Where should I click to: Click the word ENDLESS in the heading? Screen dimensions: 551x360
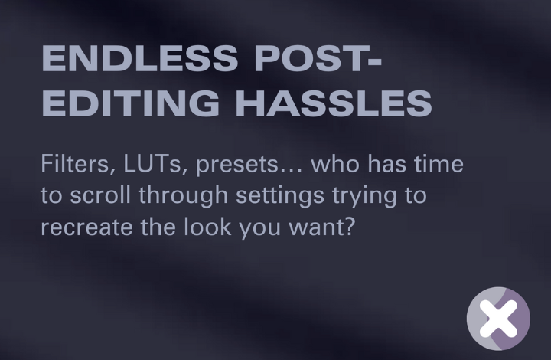click(140, 58)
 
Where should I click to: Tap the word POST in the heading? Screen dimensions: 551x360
click(309, 58)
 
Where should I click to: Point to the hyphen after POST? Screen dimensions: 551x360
click(373, 61)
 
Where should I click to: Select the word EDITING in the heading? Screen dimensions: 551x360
click(130, 103)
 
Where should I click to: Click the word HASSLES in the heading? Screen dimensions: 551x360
click(334, 103)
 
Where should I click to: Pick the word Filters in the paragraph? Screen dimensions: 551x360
click(78, 164)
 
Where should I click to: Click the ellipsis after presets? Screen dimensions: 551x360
click(291, 172)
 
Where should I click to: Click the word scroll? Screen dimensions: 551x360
click(100, 195)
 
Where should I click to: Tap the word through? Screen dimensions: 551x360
click(183, 197)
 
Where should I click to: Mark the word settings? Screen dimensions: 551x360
click(280, 197)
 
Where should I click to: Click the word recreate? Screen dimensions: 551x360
click(86, 227)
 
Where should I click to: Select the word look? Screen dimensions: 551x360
click(207, 227)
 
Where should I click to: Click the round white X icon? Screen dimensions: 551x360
click(498, 319)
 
